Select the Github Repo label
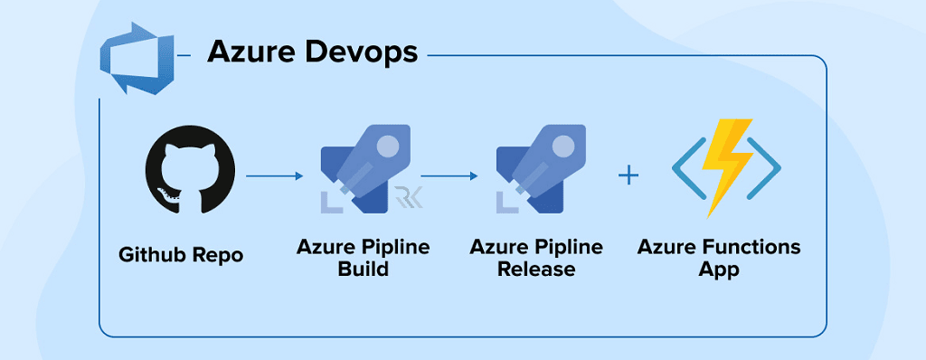[x=181, y=255]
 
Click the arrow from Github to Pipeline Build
[x=274, y=175]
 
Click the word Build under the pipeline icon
[x=364, y=269]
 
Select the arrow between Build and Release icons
[x=449, y=175]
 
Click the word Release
[x=536, y=269]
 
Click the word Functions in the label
[x=747, y=247]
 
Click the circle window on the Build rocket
[x=387, y=144]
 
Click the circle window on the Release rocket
[x=562, y=144]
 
